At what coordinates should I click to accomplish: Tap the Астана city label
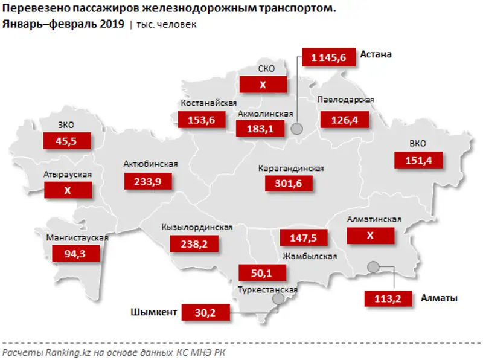(376, 54)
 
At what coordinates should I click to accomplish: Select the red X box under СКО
(263, 85)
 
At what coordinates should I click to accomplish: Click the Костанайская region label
(208, 103)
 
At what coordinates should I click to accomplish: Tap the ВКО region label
(417, 144)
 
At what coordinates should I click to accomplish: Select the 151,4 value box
(418, 160)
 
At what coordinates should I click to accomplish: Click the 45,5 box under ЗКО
(67, 141)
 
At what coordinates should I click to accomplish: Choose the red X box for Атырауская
(67, 190)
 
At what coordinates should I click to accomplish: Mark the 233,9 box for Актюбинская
(148, 180)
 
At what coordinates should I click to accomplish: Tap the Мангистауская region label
(77, 237)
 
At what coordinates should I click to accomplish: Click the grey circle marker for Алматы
(373, 267)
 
